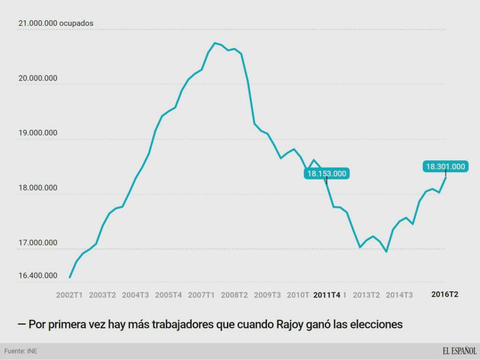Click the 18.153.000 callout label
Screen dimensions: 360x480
coord(327,173)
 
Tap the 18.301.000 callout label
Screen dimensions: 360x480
coord(446,166)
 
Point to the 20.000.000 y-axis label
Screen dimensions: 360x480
coord(38,78)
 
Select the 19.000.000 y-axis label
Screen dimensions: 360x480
coord(38,133)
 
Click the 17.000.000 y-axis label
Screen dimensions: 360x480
coord(38,243)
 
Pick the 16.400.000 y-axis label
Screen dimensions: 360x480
coord(38,276)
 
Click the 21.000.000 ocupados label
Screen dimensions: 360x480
coord(56,24)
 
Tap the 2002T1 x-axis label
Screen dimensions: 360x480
coord(70,295)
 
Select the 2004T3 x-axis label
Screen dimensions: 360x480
coord(135,295)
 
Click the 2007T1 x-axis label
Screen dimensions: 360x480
coord(201,295)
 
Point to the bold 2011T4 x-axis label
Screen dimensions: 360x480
coord(327,295)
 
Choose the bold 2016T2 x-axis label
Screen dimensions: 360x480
coord(445,294)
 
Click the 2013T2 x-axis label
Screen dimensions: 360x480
coord(366,295)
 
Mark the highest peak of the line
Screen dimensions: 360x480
coord(215,43)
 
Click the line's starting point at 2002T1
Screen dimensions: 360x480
coord(70,277)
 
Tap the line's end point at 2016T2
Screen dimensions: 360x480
coord(446,178)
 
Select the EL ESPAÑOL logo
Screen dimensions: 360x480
coord(459,351)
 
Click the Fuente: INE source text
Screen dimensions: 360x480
coord(21,352)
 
